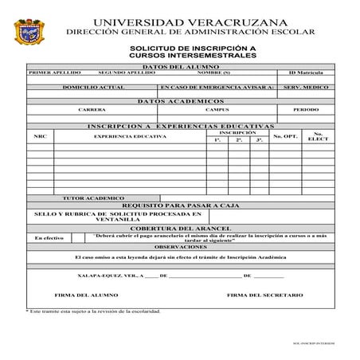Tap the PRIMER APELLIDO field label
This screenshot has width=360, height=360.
point(49,72)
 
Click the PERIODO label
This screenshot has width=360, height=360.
point(306,109)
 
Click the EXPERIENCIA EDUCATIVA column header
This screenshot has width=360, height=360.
point(130,136)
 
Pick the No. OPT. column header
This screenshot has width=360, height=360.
point(285,136)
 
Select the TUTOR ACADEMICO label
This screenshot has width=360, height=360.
point(93,197)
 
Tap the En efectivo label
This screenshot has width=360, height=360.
point(49,238)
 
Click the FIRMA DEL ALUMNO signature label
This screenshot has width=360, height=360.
point(80,295)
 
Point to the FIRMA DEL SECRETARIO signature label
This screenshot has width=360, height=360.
point(265,295)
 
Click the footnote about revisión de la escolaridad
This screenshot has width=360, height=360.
point(93,310)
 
